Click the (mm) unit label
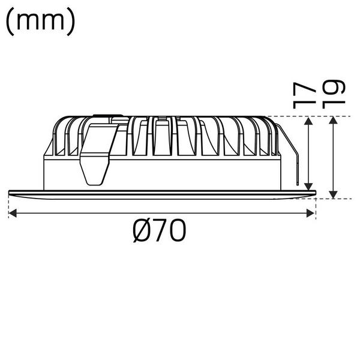(40, 22)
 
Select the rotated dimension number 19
(334, 94)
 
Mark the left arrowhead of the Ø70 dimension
(13, 212)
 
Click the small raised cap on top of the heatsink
(108, 116)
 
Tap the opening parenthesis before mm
(10, 22)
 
